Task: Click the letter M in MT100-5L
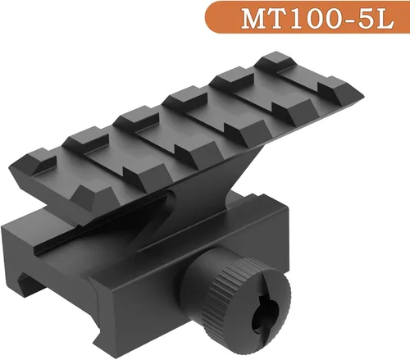256,19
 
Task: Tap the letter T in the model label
281,19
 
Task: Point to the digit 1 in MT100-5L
298,19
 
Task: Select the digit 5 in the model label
367,19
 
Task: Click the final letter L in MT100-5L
385,19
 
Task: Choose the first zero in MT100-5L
314,19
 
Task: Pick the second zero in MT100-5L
332,19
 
